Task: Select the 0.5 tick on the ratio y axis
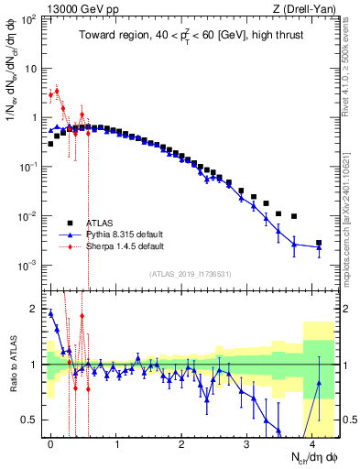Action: point(33,420)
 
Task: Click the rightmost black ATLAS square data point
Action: point(319,243)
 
